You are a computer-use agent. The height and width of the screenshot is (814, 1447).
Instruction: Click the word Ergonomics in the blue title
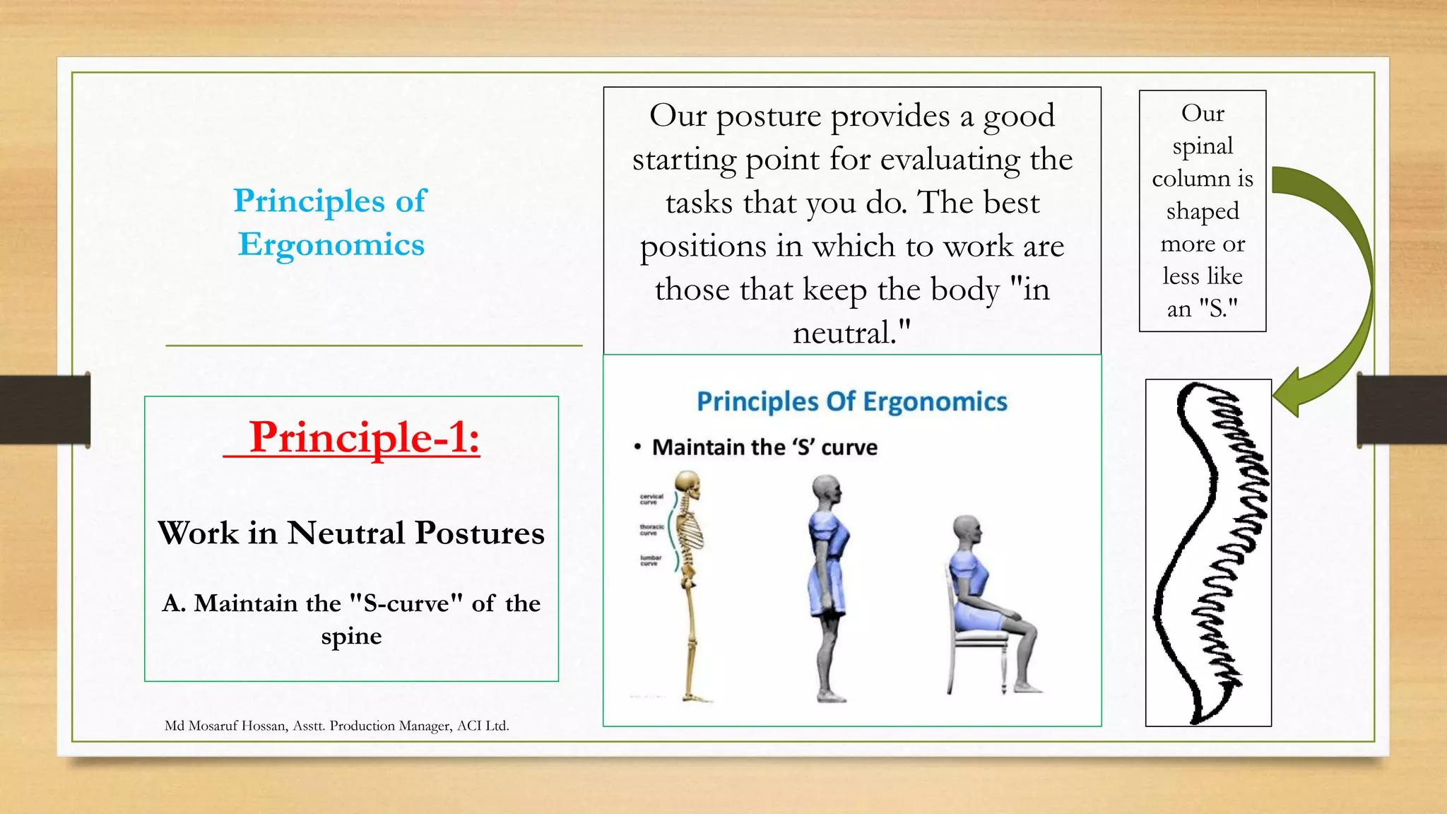(331, 245)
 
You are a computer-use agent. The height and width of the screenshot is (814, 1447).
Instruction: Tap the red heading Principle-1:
(364, 437)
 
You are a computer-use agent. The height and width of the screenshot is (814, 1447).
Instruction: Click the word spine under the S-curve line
(351, 636)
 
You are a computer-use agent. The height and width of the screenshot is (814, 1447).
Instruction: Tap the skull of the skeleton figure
(687, 484)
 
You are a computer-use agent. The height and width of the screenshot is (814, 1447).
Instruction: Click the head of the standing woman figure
(827, 488)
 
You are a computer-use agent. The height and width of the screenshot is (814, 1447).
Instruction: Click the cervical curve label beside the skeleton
(651, 499)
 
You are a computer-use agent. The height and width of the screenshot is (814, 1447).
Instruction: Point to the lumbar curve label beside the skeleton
(650, 560)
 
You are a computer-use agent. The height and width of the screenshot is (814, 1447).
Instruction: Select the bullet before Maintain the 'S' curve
(637, 447)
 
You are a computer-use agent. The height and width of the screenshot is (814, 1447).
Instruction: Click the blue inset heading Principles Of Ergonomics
(851, 401)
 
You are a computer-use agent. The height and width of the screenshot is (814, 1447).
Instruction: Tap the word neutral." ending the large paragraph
(851, 333)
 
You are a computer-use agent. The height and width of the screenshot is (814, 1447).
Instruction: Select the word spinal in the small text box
(1203, 146)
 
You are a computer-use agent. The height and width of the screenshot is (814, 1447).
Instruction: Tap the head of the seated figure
(967, 529)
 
